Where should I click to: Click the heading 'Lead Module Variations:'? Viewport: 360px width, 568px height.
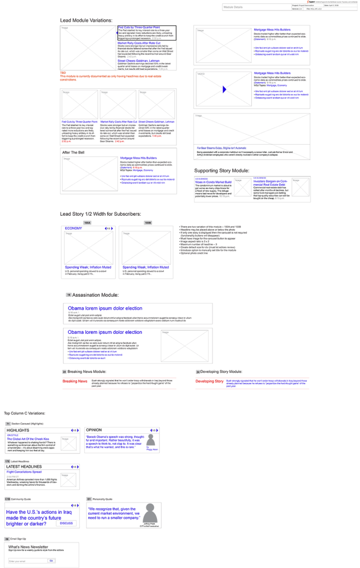tap(87, 21)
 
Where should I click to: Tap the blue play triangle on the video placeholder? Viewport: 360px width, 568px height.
tap(224, 89)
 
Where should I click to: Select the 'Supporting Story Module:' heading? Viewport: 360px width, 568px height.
tap(222, 171)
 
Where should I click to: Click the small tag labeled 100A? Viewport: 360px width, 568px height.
tap(87, 223)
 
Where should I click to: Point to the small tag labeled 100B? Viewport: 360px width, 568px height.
tap(148, 223)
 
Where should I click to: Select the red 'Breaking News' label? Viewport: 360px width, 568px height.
tap(75, 382)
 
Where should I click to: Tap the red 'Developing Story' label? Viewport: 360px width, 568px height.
tap(209, 382)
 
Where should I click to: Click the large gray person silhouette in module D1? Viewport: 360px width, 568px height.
tap(150, 513)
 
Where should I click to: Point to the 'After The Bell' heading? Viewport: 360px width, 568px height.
tap(73, 152)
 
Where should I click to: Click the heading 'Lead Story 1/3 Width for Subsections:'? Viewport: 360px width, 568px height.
tap(100, 214)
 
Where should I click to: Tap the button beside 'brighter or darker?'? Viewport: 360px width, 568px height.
tap(67, 523)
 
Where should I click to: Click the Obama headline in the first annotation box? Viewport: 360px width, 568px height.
tap(105, 308)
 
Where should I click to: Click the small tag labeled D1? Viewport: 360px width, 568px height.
tap(89, 499)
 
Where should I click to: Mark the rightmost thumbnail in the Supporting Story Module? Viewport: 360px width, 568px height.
tap(301, 187)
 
